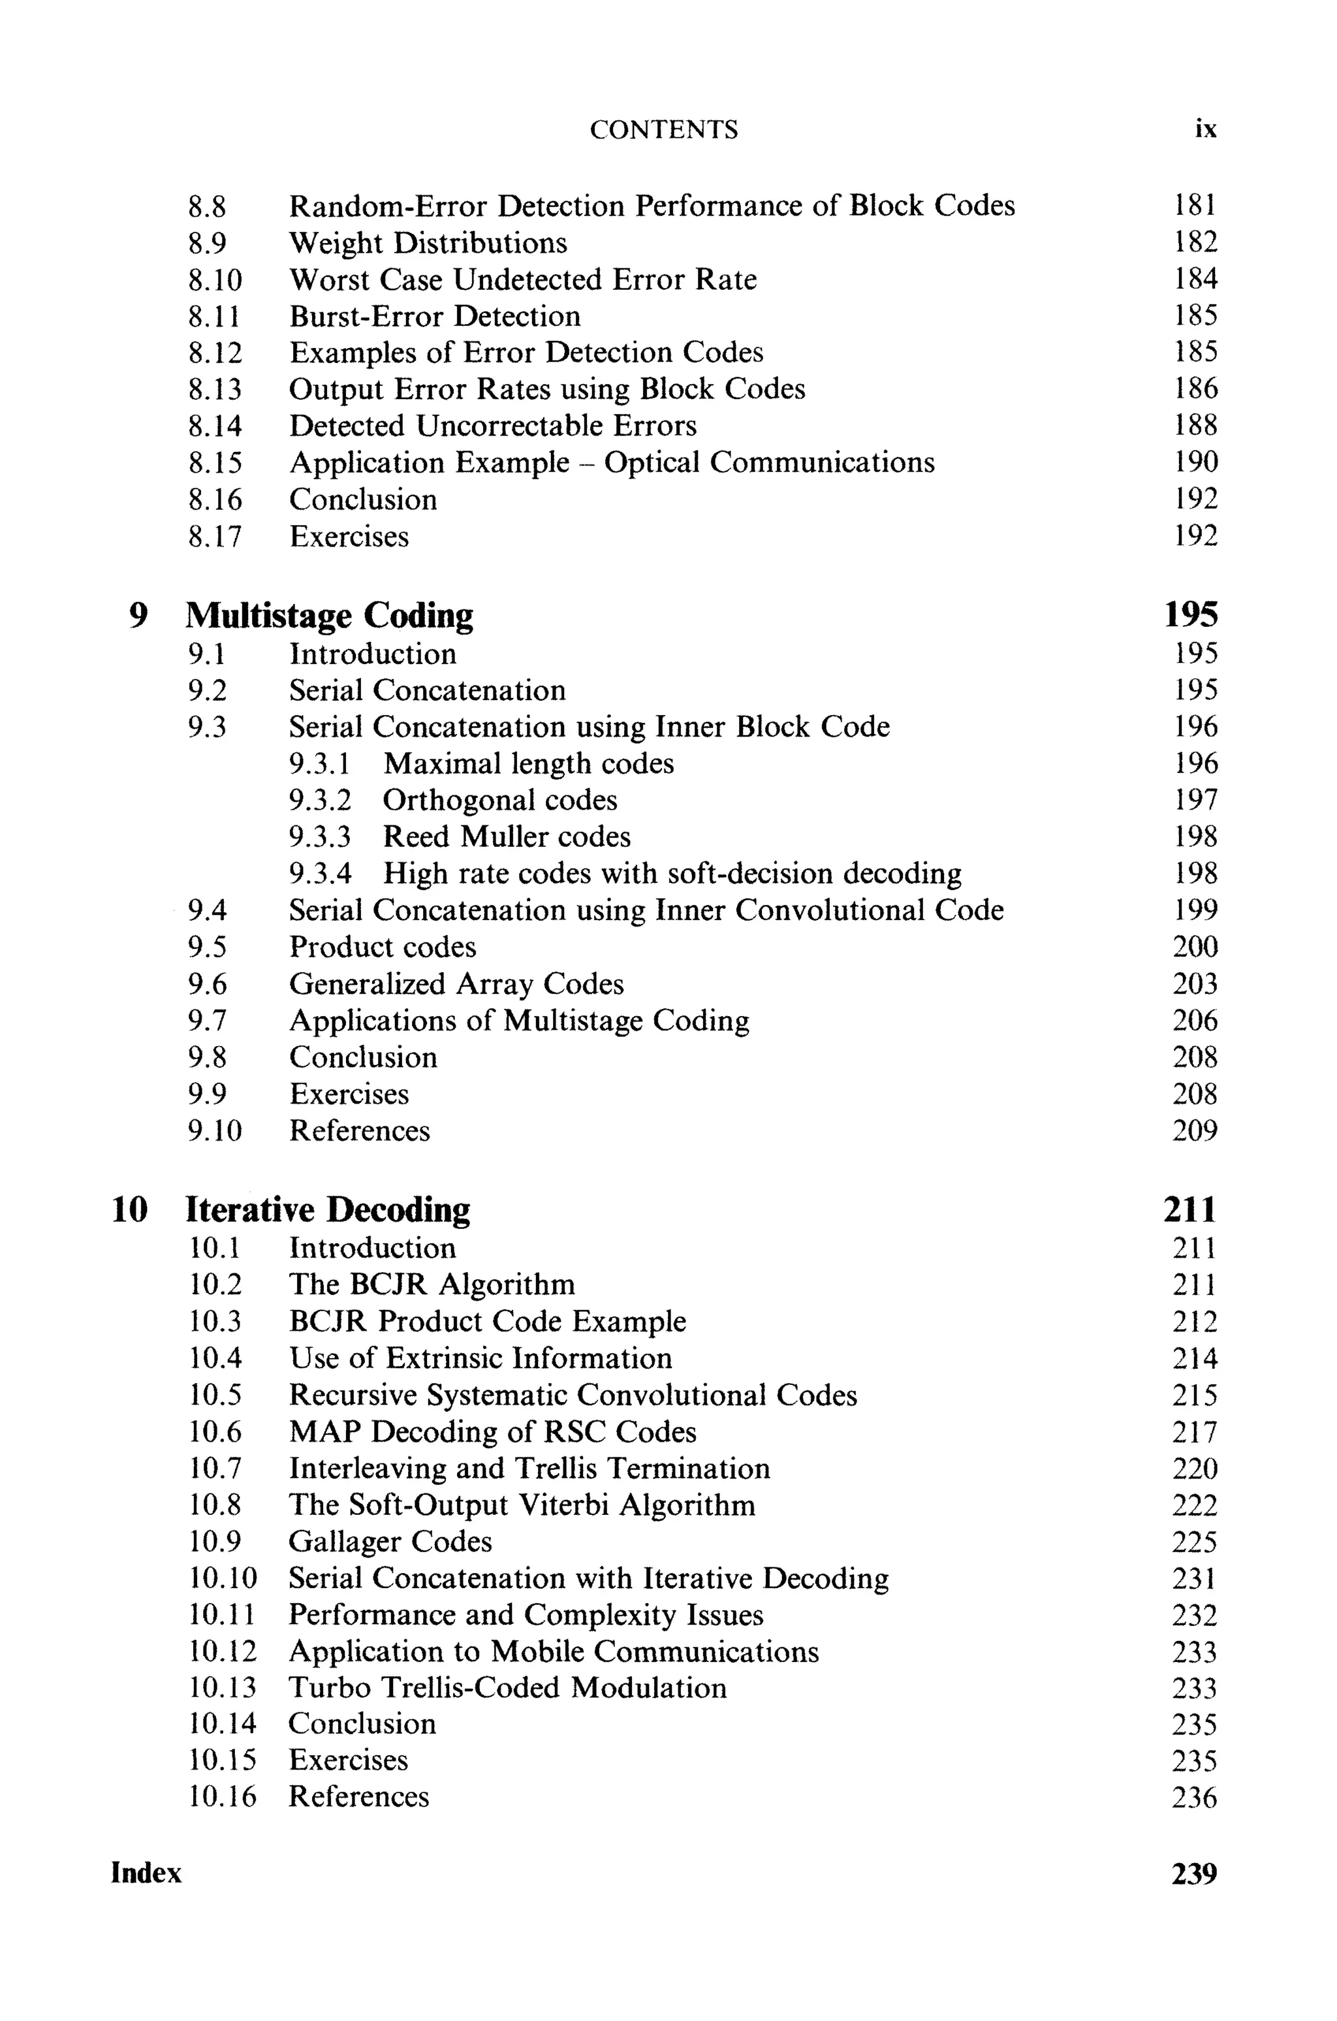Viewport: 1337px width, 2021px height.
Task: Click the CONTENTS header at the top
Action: (x=663, y=129)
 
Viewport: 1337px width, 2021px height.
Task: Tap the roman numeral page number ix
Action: (x=1205, y=129)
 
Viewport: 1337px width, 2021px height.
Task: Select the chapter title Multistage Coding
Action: (x=329, y=616)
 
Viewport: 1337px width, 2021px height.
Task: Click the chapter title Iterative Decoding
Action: (x=328, y=1210)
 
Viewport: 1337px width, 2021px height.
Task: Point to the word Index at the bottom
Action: (x=146, y=1873)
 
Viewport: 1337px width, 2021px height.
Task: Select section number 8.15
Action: (x=215, y=463)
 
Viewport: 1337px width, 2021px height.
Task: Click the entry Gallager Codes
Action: (x=390, y=1542)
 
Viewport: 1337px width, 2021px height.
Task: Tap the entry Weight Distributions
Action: (x=428, y=243)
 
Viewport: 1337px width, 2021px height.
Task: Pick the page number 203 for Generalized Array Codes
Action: (x=1195, y=984)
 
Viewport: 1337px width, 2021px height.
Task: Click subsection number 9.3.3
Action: (x=320, y=836)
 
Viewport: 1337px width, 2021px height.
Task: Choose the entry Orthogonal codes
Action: (x=499, y=800)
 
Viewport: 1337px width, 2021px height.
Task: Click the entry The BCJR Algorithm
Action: (x=432, y=1284)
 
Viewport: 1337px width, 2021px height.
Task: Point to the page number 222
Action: (x=1195, y=1505)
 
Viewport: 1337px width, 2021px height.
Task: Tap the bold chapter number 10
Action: (x=130, y=1210)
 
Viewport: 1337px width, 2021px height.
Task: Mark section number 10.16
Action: (x=222, y=1797)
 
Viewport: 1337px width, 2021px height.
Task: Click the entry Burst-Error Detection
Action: (x=435, y=316)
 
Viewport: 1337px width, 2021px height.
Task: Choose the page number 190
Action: (x=1195, y=462)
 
